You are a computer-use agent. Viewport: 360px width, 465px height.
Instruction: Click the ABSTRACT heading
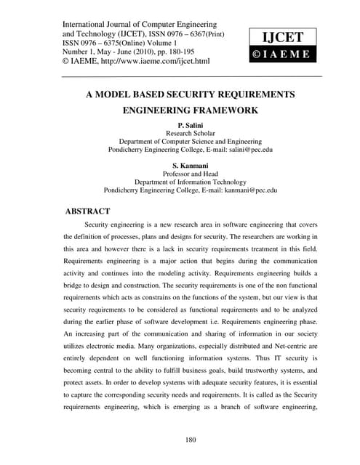coord(88,211)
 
